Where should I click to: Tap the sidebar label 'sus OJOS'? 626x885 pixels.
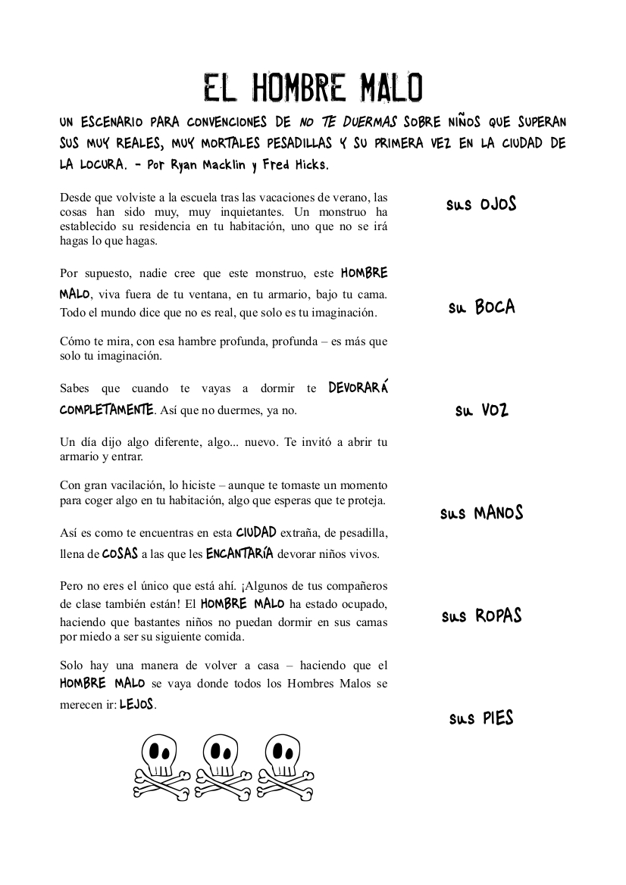click(x=481, y=204)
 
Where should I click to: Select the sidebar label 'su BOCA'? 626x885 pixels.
click(x=481, y=307)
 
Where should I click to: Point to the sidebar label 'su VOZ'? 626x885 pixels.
click(x=481, y=410)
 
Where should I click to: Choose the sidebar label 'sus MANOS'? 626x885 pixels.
click(x=481, y=513)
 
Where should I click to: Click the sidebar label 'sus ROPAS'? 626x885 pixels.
click(x=481, y=616)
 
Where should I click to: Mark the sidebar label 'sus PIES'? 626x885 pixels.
click(x=481, y=718)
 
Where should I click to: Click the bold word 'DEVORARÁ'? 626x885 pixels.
click(x=358, y=388)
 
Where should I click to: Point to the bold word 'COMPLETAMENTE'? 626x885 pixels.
click(x=107, y=410)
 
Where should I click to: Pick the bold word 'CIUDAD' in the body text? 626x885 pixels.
click(x=256, y=533)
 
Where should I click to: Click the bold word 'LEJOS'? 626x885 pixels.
click(x=137, y=704)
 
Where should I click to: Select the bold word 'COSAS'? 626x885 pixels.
click(x=120, y=553)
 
